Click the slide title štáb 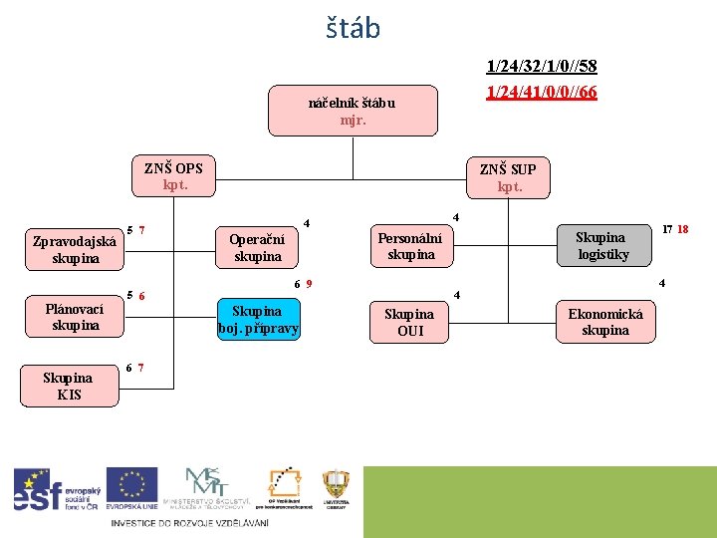[x=353, y=28]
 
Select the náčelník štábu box [x=353, y=111]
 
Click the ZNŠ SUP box [x=509, y=177]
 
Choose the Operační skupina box [x=257, y=247]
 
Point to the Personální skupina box [x=411, y=246]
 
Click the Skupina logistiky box [x=601, y=245]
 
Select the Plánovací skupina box [x=75, y=317]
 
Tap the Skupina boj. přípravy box [x=258, y=319]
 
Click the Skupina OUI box [x=410, y=323]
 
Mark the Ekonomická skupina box [x=605, y=322]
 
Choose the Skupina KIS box [x=69, y=386]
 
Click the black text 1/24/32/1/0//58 [x=541, y=67]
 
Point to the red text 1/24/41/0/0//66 [x=541, y=92]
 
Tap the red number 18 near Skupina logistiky [x=682, y=229]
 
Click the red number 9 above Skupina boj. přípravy [x=310, y=284]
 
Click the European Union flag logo [x=131, y=488]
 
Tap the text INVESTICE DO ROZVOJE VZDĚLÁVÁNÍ [x=189, y=522]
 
